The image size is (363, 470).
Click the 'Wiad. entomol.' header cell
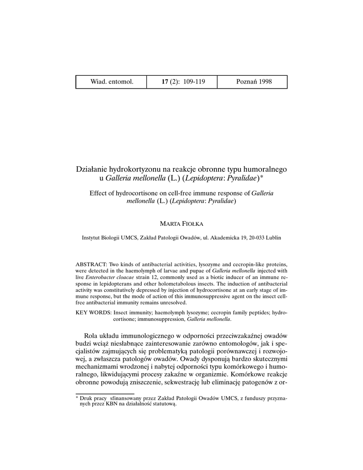click(112, 82)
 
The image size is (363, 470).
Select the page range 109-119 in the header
click(194, 82)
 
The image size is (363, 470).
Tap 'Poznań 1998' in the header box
click(254, 82)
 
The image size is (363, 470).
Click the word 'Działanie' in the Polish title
click(91, 169)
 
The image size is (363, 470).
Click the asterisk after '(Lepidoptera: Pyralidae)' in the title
click(262, 177)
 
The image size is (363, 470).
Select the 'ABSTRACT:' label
click(91, 265)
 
